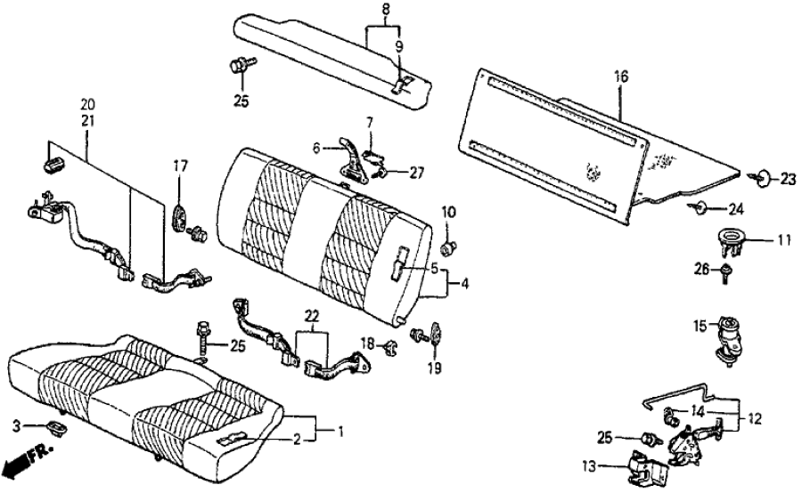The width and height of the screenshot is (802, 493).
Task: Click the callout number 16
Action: point(621,77)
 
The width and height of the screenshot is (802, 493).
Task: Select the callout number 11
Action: point(784,239)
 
